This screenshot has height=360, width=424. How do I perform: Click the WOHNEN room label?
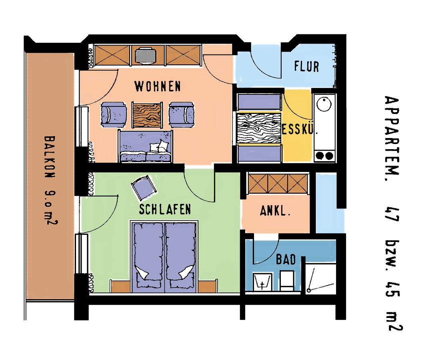pyautogui.click(x=157, y=86)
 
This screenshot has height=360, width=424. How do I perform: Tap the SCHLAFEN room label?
pyautogui.click(x=165, y=209)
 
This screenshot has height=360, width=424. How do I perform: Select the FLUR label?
pyautogui.click(x=307, y=66)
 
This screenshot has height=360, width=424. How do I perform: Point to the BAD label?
pyautogui.click(x=286, y=260)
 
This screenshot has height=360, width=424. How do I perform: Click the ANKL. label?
pyautogui.click(x=275, y=211)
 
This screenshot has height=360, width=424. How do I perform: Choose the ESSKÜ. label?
pyautogui.click(x=300, y=129)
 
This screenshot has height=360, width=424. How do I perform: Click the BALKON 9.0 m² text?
pyautogui.click(x=50, y=180)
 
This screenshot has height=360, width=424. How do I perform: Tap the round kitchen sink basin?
pyautogui.click(x=324, y=104)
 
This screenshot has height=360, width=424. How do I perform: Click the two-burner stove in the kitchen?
pyautogui.click(x=324, y=156)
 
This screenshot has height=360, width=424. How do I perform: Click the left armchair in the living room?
pyautogui.click(x=114, y=115)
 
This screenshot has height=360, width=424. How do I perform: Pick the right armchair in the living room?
pyautogui.click(x=182, y=115)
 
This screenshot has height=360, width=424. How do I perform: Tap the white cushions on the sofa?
pyautogui.click(x=160, y=146)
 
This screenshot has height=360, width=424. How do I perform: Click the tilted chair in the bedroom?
pyautogui.click(x=144, y=188)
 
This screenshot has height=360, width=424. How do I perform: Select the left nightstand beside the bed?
pyautogui.click(x=120, y=286)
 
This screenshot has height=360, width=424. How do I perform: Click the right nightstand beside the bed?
pyautogui.click(x=208, y=286)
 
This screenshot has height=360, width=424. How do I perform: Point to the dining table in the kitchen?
pyautogui.click(x=259, y=128)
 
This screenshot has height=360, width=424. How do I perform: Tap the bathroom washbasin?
pyautogui.click(x=262, y=282)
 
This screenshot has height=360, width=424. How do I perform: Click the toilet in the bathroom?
pyautogui.click(x=287, y=281)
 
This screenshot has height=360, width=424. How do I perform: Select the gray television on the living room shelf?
pyautogui.click(x=146, y=56)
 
